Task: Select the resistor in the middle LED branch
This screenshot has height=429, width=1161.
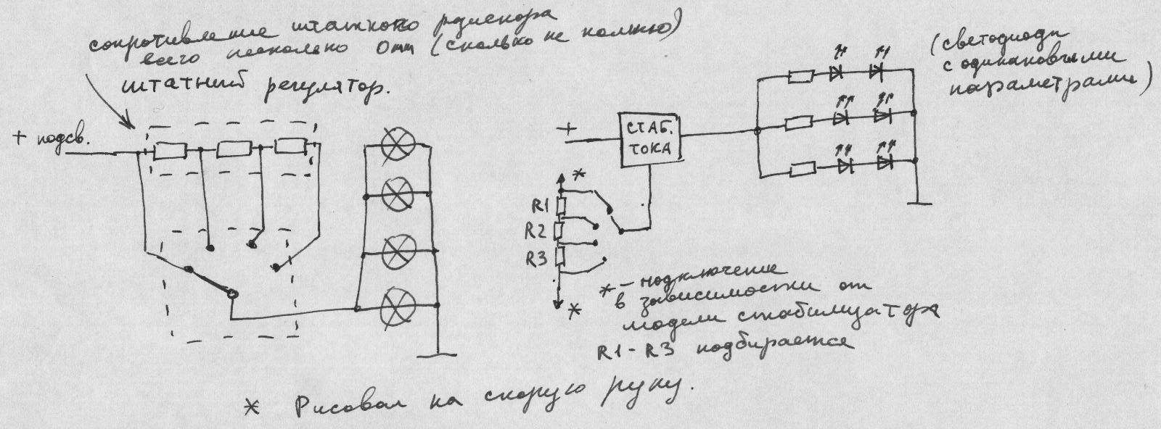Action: tap(801, 121)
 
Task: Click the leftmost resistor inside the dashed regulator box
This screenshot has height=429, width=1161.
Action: tap(172, 151)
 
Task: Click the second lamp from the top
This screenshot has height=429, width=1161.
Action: tap(398, 195)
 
